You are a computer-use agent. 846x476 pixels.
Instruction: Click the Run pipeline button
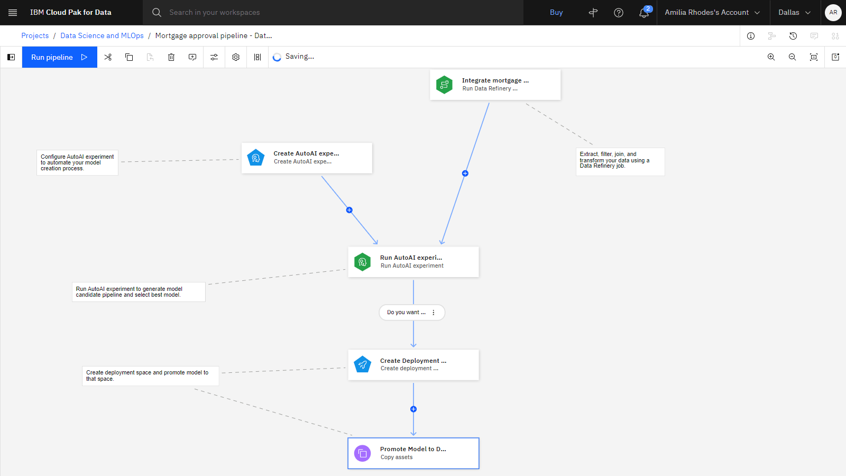point(60,57)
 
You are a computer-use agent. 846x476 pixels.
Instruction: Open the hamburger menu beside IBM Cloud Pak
point(13,13)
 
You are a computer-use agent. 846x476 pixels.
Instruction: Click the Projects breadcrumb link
point(35,35)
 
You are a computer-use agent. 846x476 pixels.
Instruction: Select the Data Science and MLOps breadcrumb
point(102,35)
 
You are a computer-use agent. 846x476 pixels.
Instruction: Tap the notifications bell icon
point(643,13)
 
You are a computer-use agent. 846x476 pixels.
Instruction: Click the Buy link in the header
point(556,13)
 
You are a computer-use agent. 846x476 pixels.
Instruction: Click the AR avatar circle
point(833,13)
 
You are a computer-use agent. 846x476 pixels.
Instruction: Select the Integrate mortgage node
point(495,85)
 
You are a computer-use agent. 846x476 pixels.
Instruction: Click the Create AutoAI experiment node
point(307,158)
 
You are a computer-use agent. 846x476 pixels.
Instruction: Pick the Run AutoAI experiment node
point(413,262)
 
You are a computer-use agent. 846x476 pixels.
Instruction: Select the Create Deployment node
point(413,364)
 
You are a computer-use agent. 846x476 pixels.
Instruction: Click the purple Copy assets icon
point(363,453)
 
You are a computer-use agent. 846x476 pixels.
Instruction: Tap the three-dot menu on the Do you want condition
point(434,313)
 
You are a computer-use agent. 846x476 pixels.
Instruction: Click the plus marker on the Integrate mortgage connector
point(465,173)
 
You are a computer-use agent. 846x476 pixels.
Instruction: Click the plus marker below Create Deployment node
point(413,409)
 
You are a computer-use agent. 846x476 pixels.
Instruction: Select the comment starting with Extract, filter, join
point(620,162)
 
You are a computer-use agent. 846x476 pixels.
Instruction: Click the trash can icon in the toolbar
point(171,57)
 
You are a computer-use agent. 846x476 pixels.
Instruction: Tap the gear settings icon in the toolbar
point(236,57)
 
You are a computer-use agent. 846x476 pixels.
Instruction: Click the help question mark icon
point(618,13)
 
